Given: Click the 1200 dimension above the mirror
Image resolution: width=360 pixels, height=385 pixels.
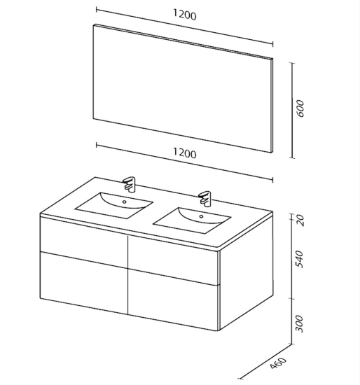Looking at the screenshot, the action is [x=184, y=15].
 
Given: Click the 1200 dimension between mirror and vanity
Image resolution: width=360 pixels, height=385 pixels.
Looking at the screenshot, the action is [x=184, y=153].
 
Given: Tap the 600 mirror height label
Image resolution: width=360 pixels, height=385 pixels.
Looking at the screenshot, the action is [x=300, y=108].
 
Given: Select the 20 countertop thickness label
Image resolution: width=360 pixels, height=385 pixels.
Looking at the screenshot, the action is [x=300, y=220].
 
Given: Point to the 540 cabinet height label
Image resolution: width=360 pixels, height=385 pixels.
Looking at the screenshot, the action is [x=300, y=259].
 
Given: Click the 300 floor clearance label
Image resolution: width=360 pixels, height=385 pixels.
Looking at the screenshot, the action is [x=300, y=324].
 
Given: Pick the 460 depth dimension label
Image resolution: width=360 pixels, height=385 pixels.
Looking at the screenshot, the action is [x=278, y=363].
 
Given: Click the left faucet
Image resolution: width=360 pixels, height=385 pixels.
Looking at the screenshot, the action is [x=130, y=183].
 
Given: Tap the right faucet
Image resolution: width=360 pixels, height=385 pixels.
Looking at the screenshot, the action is [x=205, y=198].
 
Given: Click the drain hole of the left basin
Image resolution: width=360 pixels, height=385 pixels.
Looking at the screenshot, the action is [x=125, y=202].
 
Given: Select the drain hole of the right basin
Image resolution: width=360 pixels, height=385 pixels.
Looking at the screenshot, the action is [x=201, y=216].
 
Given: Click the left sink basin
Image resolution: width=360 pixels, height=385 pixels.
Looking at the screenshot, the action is [x=113, y=205].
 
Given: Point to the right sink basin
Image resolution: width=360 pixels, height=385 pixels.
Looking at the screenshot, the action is [x=192, y=220].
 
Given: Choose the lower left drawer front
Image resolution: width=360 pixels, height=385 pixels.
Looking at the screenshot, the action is [x=84, y=283].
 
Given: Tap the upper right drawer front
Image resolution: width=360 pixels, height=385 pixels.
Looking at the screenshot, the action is [x=173, y=260].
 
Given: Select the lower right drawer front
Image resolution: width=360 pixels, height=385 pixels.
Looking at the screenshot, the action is [x=173, y=300].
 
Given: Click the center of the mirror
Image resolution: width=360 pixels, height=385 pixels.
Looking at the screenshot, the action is [x=182, y=88].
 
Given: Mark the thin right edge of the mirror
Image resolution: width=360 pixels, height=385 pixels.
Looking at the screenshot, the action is [x=272, y=106].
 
